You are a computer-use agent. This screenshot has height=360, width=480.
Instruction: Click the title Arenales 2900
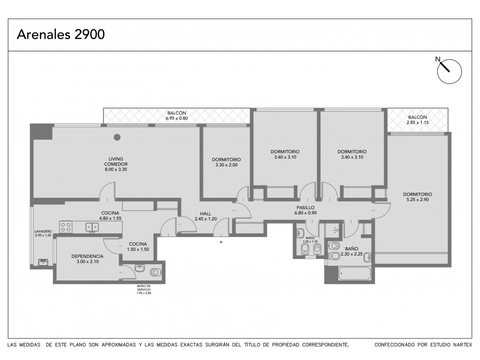pos(61,34)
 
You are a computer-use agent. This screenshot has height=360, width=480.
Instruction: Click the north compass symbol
pos(449,71)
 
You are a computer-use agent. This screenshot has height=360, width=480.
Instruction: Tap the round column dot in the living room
pos(117,137)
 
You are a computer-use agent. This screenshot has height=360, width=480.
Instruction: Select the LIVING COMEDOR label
pos(116,161)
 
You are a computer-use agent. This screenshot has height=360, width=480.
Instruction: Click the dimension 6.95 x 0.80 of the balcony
pos(177,118)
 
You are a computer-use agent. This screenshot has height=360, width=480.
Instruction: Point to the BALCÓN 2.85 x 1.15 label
pos(418,120)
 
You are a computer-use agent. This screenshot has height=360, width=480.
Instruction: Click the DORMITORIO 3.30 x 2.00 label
pos(226,162)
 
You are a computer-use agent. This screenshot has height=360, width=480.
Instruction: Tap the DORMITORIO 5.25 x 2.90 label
pos(418,197)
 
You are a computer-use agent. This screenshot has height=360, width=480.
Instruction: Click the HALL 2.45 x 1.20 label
pos(206,216)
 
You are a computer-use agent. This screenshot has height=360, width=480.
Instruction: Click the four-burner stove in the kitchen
pos(66,227)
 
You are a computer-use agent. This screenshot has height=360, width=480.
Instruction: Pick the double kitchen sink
pos(92,227)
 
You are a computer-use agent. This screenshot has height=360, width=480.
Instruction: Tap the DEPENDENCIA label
pos(88,256)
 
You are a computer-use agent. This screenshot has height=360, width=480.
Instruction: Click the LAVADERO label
pos(43,231)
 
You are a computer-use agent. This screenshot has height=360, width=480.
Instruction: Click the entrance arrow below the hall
pos(221,242)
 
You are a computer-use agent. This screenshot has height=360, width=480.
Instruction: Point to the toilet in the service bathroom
pos(155,272)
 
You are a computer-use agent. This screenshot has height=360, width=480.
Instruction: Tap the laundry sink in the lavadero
pos(43,262)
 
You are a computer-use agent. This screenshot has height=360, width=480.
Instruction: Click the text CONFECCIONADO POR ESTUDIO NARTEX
pos(423,345)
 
